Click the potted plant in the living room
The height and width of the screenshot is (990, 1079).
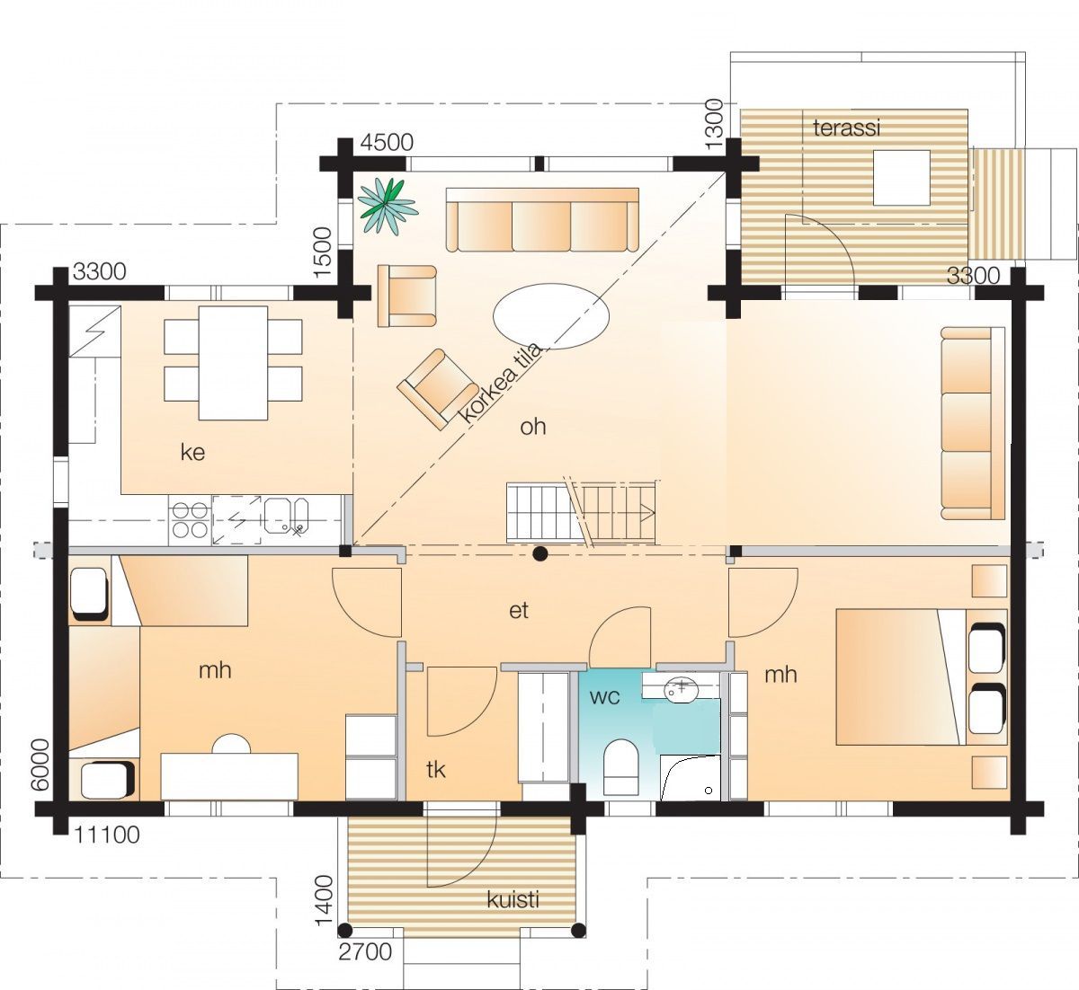point(387,207)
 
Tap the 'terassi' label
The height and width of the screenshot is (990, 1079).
point(847,128)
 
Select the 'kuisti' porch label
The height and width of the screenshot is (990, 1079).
point(513,899)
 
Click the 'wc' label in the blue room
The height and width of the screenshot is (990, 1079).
point(604,698)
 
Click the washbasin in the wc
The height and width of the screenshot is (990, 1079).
point(682,688)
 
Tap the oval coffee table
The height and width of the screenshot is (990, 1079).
point(551,316)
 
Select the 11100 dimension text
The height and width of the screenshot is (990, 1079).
point(106,835)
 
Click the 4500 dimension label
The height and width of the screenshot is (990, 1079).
point(387,143)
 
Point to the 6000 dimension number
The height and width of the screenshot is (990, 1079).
point(40,765)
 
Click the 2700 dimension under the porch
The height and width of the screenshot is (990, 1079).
point(365,952)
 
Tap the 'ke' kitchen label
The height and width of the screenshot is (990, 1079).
point(192,452)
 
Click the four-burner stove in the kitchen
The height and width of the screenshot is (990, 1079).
point(190,520)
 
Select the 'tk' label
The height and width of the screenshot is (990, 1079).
point(436,770)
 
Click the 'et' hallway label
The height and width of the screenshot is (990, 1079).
point(519,610)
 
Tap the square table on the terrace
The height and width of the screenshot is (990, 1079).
point(902,177)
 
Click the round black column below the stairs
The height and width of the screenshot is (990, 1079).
point(539,553)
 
